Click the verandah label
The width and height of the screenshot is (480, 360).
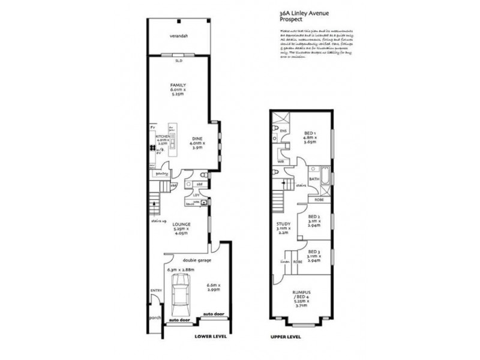[178, 36]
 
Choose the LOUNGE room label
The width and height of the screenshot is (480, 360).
[182, 224]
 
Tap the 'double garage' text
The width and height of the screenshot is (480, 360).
[182, 260]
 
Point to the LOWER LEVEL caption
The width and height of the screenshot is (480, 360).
[211, 338]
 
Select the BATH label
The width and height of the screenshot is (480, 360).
[314, 179]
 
